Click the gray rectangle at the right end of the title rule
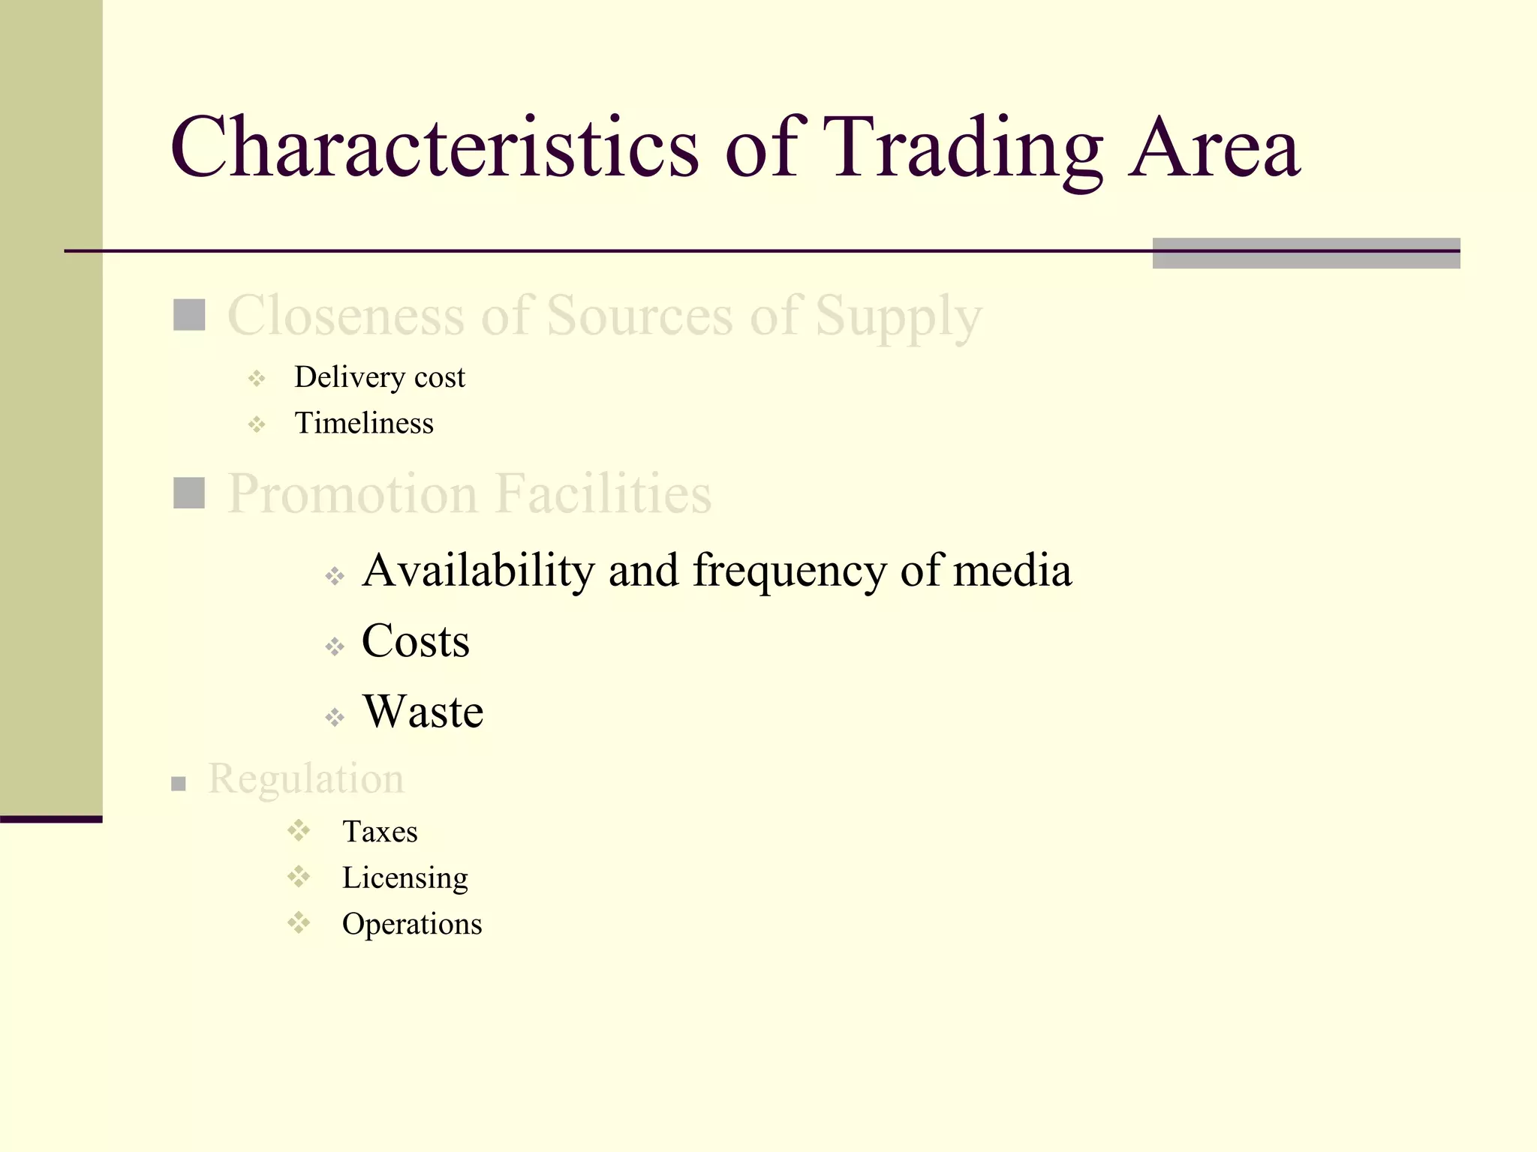[1306, 253]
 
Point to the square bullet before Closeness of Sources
[189, 315]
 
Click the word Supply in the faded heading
[898, 316]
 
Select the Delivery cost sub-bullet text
[379, 377]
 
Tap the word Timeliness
[364, 424]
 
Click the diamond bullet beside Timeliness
[257, 425]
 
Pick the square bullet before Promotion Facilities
[189, 493]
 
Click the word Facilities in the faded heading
[603, 494]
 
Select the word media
[1012, 570]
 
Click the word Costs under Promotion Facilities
[416, 641]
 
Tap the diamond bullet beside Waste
[335, 717]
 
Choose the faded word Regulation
[306, 778]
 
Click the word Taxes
[380, 832]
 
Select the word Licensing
[405, 878]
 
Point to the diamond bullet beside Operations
[299, 922]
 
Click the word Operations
[412, 924]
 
